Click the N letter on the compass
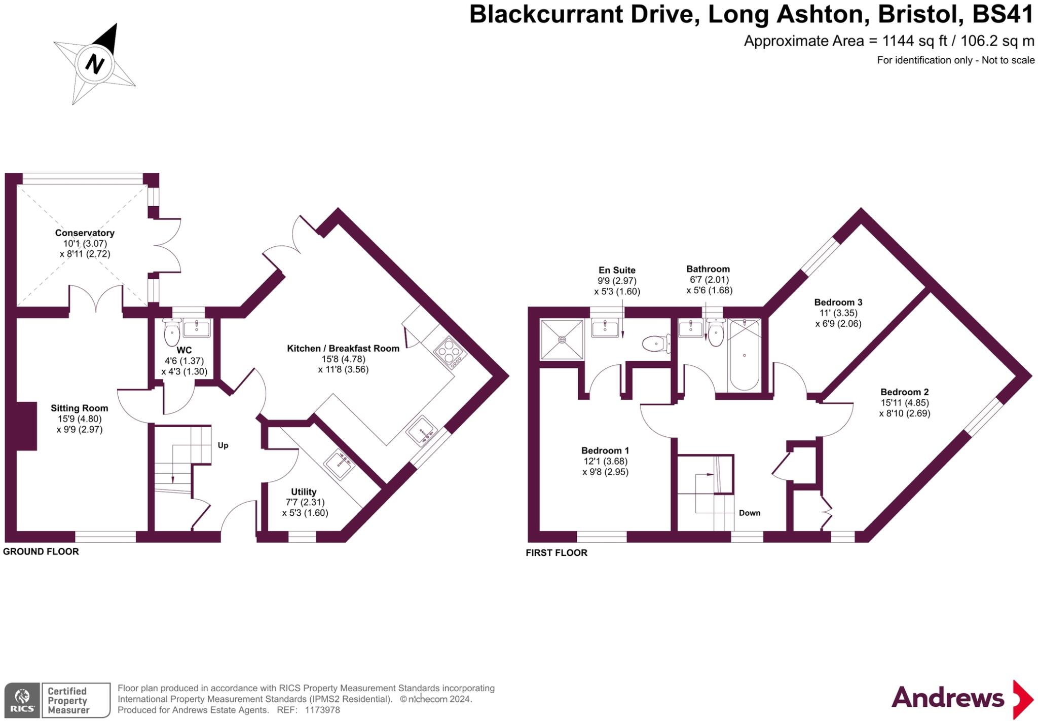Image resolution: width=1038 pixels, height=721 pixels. pos(94,64)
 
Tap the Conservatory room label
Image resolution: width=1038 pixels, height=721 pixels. pos(85,233)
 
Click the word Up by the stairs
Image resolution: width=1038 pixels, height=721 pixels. pos(223,445)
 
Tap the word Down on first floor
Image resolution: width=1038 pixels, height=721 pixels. pos(749,513)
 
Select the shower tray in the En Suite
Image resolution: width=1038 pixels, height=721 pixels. pos(562,339)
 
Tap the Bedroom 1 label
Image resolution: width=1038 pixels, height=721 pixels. pos(605,450)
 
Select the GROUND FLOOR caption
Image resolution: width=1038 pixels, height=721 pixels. pos(41,552)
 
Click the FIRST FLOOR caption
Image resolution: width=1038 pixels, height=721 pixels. pos(556,553)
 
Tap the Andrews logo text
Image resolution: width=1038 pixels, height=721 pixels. pos(947,698)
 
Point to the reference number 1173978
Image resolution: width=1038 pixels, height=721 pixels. pos(322,710)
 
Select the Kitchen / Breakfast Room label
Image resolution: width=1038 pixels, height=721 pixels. pos(343,349)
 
